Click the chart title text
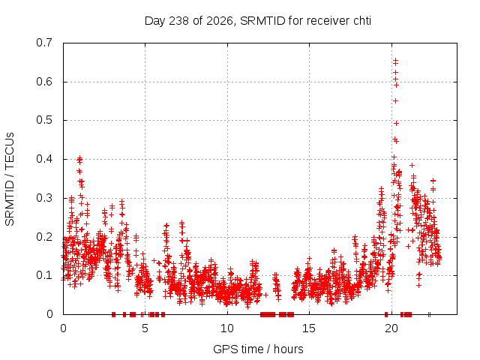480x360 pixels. click(258, 21)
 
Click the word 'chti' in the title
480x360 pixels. click(362, 21)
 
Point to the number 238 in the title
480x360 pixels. click(178, 21)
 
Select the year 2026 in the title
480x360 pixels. click(219, 21)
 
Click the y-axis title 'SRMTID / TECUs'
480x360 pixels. click(10, 179)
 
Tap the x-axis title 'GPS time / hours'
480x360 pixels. click(258, 349)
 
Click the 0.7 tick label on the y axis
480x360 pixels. click(44, 43)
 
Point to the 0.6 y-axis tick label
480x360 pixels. click(44, 82)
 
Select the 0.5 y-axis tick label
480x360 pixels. click(44, 120)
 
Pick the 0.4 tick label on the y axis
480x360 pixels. click(44, 159)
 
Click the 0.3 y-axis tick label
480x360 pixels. click(44, 198)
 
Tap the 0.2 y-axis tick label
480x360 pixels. click(44, 237)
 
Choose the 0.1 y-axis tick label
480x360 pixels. click(44, 275)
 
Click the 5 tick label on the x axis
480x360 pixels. click(145, 328)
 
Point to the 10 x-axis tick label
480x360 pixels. click(227, 328)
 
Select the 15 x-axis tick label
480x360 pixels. click(309, 328)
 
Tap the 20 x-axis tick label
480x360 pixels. click(391, 328)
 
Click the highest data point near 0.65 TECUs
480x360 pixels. click(395, 60)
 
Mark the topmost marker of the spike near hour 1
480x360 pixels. click(80, 158)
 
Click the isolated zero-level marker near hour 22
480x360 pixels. click(429, 314)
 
